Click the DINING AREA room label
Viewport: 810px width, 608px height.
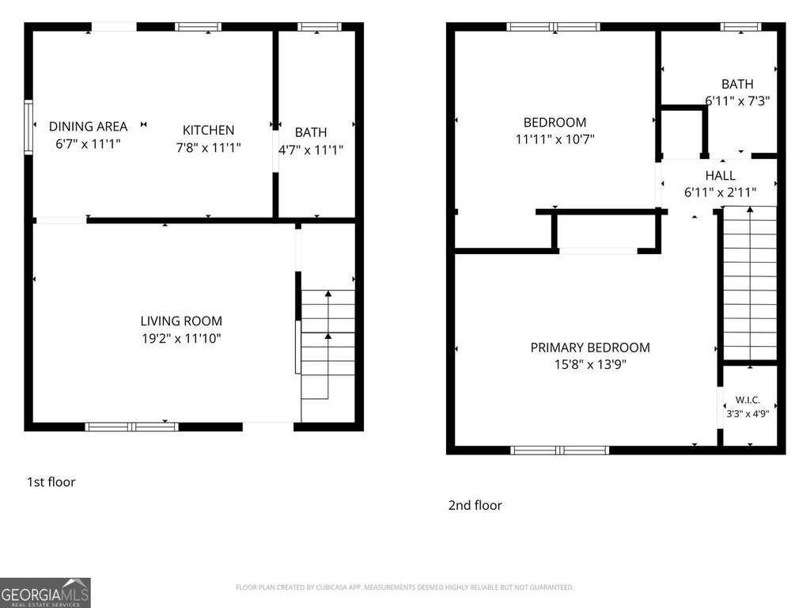[88, 126]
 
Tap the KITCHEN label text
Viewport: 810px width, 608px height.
[208, 130]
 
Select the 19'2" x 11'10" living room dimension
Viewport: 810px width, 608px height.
[181, 338]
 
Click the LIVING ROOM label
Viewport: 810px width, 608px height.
[181, 321]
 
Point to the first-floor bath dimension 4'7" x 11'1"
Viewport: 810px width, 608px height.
[310, 150]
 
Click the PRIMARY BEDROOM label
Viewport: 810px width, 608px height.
[590, 348]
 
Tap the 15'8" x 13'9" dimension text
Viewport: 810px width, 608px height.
[590, 364]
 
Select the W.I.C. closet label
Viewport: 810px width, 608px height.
[748, 400]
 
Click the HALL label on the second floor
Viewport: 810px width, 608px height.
[720, 175]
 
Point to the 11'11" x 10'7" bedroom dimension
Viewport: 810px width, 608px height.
[555, 139]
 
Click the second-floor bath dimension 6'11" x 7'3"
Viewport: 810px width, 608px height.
[738, 101]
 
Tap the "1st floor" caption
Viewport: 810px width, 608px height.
[51, 482]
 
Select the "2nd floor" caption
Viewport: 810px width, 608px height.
[475, 505]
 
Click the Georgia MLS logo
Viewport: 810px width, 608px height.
[45, 592]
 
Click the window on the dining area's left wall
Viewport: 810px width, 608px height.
[28, 127]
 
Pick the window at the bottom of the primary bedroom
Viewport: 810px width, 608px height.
[559, 450]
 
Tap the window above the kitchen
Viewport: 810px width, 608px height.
[198, 27]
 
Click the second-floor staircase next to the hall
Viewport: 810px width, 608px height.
[750, 283]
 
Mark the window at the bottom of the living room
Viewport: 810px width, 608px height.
[132, 427]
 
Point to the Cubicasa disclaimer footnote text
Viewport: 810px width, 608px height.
[404, 587]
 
